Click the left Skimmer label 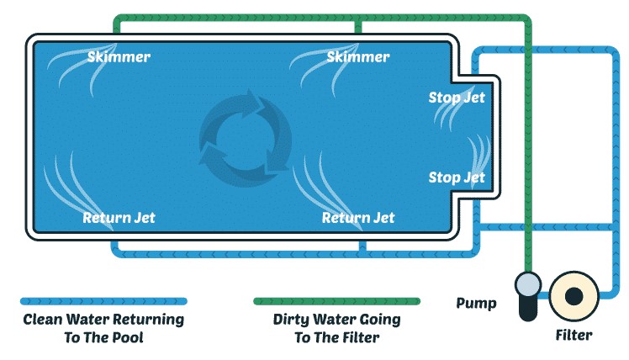[119, 56]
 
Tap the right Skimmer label [358, 56]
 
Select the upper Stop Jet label [457, 97]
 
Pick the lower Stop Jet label [457, 177]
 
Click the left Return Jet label [119, 218]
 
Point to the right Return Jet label [358, 218]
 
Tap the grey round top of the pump [528, 284]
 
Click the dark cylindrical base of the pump [528, 308]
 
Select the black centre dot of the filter [573, 297]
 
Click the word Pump [476, 304]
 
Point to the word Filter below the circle [573, 335]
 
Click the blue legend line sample [103, 301]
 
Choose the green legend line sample [336, 301]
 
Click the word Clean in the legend [43, 320]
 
